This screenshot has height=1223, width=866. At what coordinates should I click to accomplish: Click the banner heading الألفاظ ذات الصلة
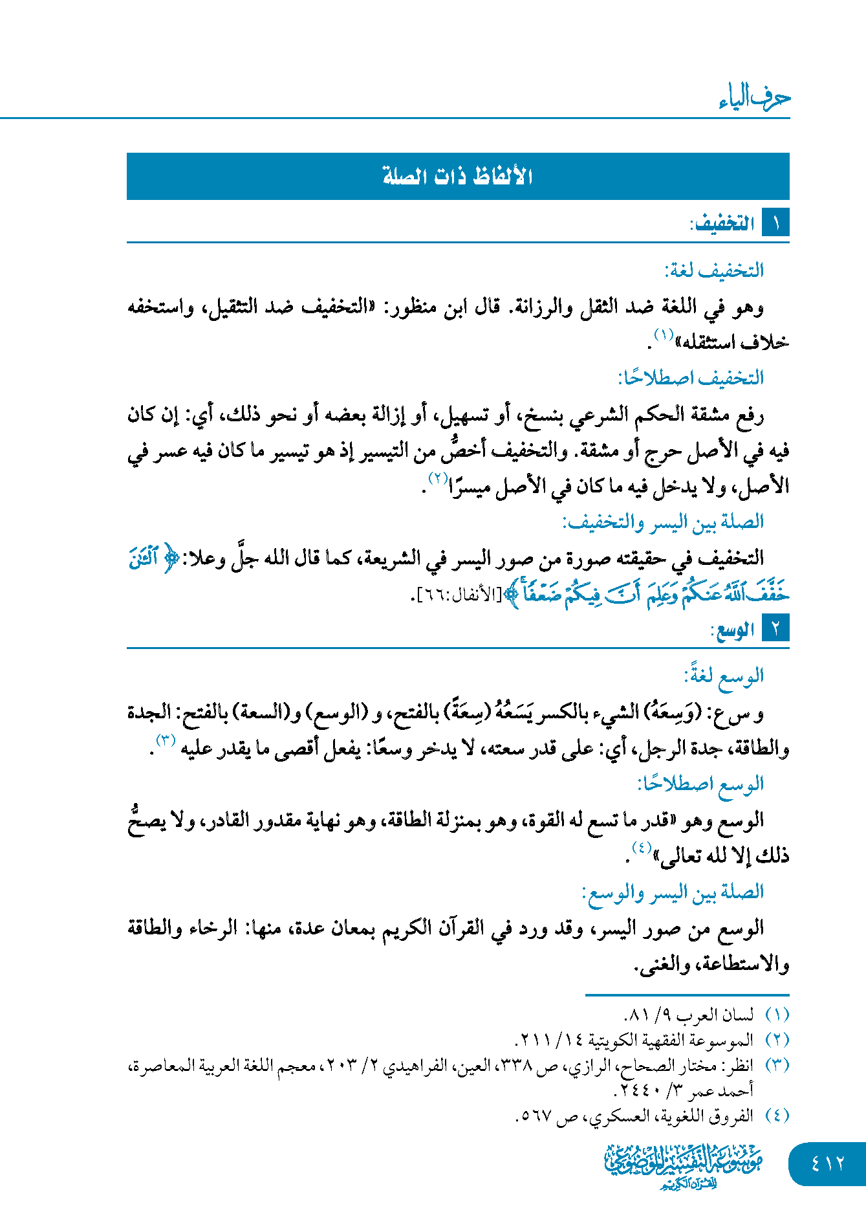(457, 176)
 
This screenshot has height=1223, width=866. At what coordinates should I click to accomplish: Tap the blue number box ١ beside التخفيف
(775, 223)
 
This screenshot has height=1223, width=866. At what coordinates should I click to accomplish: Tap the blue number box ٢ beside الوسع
(775, 628)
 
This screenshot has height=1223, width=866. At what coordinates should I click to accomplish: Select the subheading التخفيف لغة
(714, 270)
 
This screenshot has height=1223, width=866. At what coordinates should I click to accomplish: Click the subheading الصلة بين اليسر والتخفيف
(663, 522)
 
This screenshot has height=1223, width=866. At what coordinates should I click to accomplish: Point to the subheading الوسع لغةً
(724, 676)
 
